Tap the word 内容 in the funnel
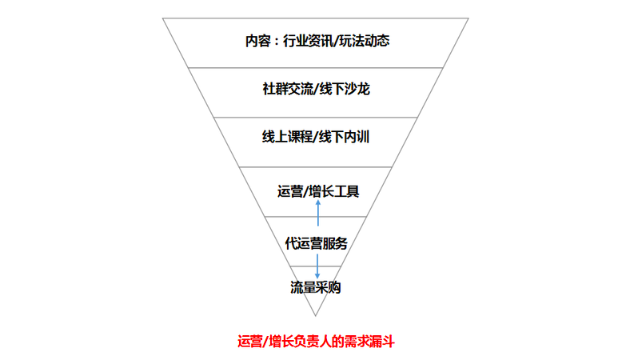click(259, 41)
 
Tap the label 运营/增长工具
click(318, 191)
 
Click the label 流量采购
click(316, 287)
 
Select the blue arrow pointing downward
click(318, 267)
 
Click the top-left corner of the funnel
click(163, 18)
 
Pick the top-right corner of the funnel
click(469, 18)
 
